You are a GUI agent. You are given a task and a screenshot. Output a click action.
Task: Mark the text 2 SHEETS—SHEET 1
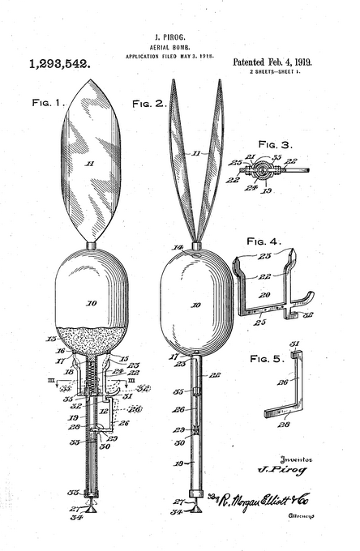click(x=277, y=72)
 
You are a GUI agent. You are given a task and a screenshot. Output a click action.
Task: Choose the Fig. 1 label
click(x=48, y=103)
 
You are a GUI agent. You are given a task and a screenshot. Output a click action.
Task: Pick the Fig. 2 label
click(x=149, y=103)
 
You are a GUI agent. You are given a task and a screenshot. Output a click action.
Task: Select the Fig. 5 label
click(x=267, y=357)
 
